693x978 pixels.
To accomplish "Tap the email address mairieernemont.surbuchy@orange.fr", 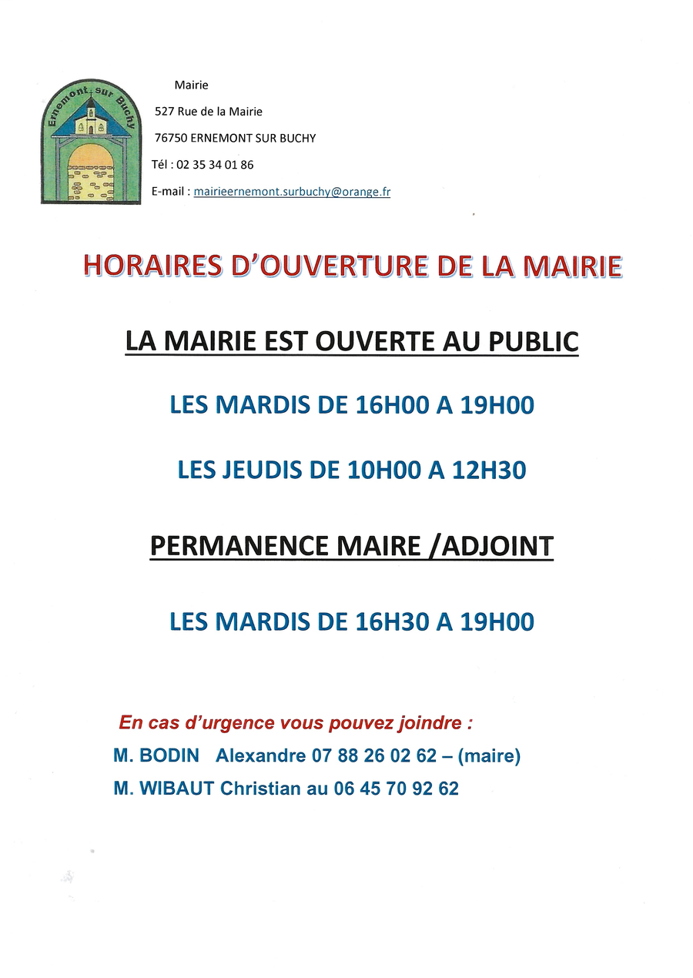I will (292, 192).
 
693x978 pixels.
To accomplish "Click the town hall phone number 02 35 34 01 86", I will (215, 165).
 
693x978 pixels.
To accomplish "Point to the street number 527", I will (164, 112).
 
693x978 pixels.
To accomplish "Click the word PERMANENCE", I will (239, 546).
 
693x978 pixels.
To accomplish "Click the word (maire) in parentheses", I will (489, 756).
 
